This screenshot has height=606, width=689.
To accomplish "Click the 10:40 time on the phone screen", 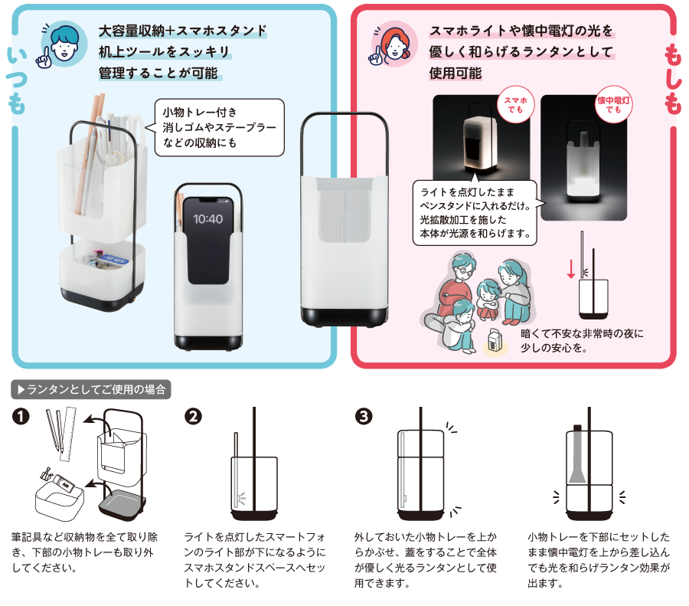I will click(207, 219).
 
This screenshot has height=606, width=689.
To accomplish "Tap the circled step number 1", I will click(21, 416).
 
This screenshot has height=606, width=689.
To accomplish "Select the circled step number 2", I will click(194, 416).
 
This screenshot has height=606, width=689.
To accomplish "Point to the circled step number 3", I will click(364, 416).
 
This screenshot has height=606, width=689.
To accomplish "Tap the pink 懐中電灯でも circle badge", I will click(614, 104).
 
